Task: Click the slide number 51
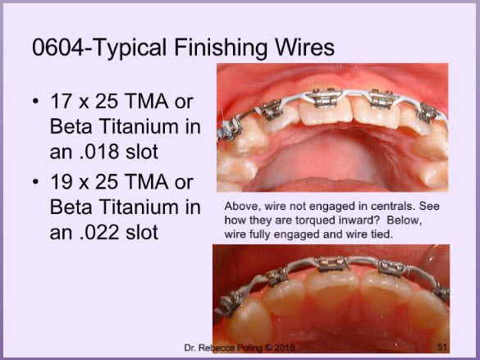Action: coord(443,347)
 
